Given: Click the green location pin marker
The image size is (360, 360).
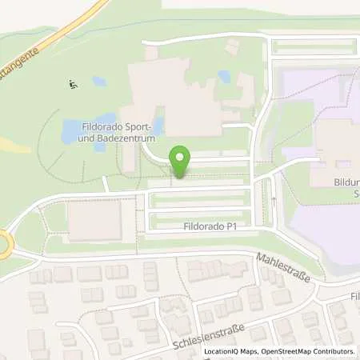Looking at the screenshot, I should click(181, 162).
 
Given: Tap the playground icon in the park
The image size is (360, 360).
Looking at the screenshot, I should click(73, 83).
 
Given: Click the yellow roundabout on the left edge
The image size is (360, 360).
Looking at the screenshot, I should click(4, 243).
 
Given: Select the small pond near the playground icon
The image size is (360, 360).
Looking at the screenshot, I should click(99, 81).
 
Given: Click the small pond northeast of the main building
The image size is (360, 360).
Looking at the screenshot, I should click(224, 77).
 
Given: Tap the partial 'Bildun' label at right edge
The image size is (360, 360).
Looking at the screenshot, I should click(346, 182).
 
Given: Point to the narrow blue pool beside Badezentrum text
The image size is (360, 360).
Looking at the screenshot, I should click(159, 126).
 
